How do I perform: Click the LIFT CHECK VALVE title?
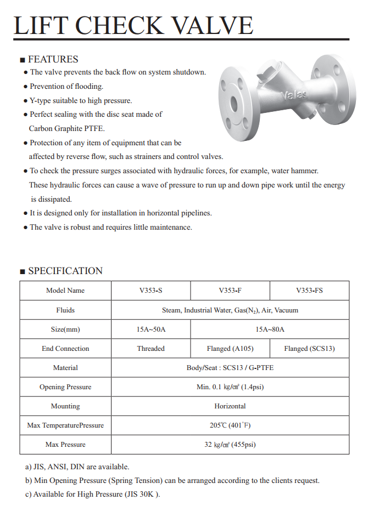tap(133, 25)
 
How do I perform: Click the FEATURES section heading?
tap(53, 59)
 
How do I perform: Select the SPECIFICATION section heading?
tap(65, 271)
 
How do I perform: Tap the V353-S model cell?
tap(151, 291)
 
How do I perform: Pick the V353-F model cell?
tap(230, 291)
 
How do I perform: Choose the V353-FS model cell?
tap(309, 291)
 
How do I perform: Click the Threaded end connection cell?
tap(151, 349)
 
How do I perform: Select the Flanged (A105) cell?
tap(230, 349)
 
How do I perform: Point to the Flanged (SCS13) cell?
tap(309, 349)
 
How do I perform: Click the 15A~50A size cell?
tap(151, 329)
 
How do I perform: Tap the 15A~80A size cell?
tap(270, 329)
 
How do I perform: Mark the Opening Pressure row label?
tap(65, 387)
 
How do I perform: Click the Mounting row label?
tap(65, 406)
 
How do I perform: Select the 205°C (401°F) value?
tap(230, 425)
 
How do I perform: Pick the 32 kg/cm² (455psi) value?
tap(230, 445)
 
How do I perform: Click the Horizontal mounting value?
tap(230, 406)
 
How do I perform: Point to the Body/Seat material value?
tap(230, 368)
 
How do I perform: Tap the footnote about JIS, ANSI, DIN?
tap(77, 467)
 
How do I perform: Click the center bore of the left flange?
tap(233, 103)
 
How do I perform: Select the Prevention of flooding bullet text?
tap(66, 87)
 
